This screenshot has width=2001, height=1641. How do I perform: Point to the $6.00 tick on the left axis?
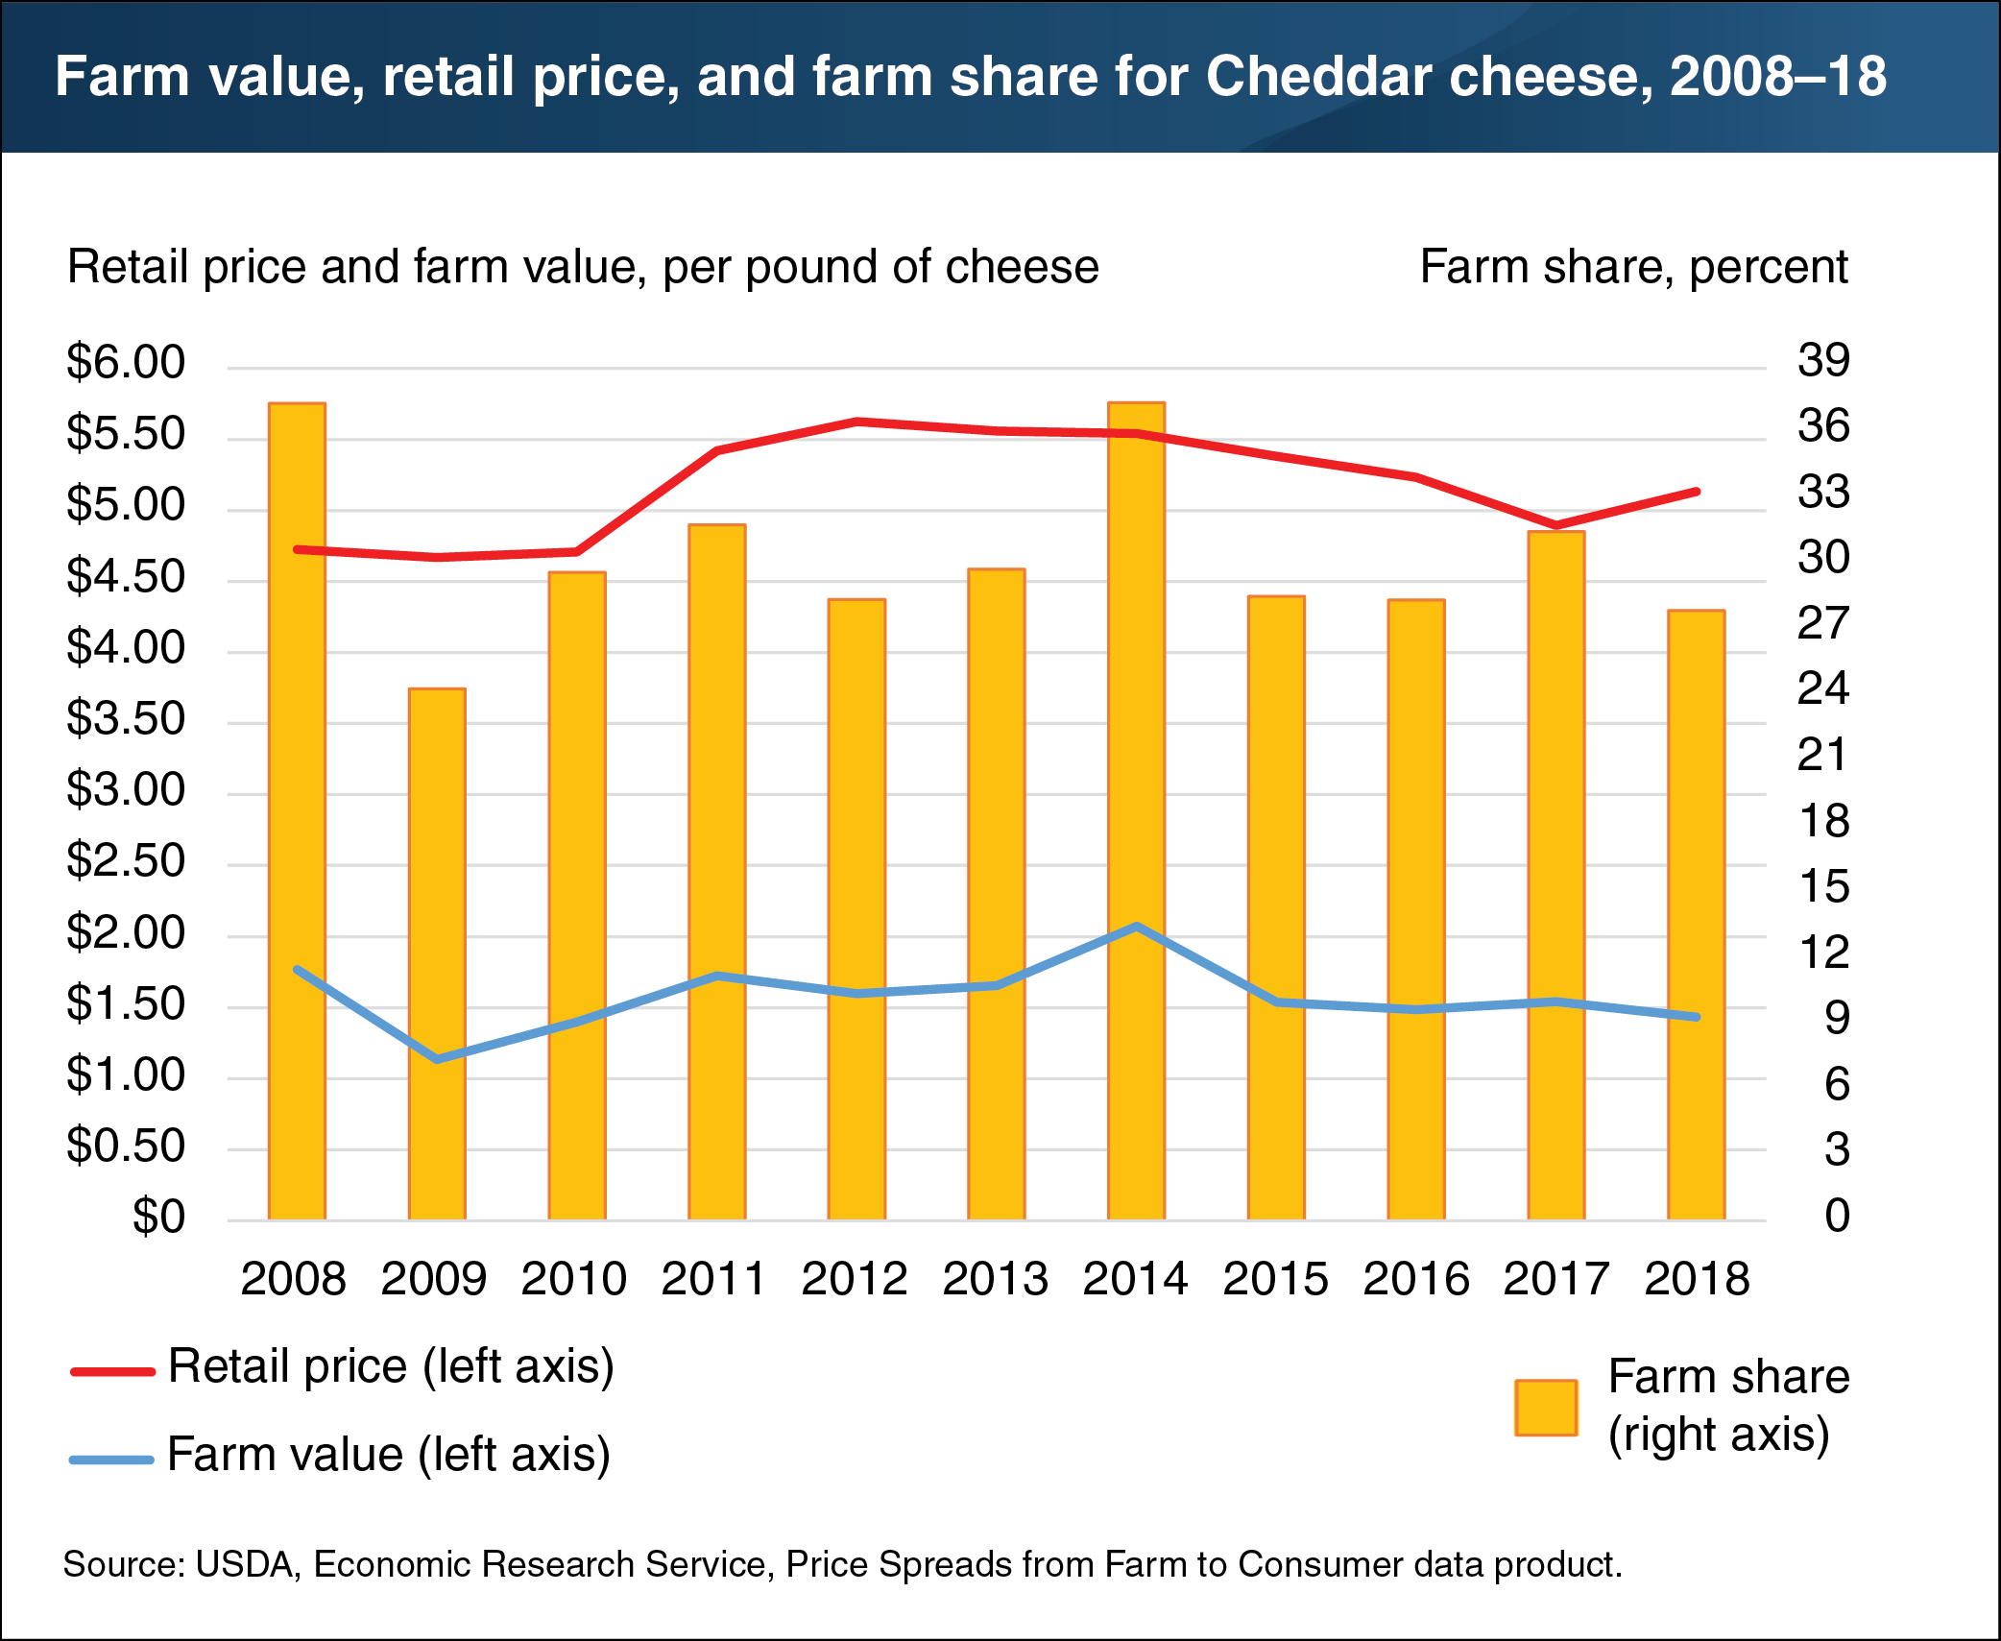[x=125, y=363]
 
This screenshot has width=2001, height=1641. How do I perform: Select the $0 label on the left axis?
[x=158, y=1217]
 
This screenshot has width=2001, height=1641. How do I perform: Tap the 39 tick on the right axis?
[x=1823, y=361]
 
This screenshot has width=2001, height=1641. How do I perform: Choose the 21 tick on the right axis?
[x=1823, y=756]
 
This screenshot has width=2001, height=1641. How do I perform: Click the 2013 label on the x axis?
[x=995, y=1279]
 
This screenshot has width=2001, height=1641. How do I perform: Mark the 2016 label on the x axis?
[x=1415, y=1279]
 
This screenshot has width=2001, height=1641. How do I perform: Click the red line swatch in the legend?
[x=112, y=1372]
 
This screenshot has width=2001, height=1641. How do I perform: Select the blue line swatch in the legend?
[x=112, y=1460]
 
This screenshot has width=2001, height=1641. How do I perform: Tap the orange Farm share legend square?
[x=1546, y=1408]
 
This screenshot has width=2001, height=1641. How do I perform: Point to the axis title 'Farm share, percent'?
[x=1633, y=267]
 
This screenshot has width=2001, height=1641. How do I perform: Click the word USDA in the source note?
[x=244, y=1564]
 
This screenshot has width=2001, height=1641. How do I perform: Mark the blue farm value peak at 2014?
[x=1137, y=927]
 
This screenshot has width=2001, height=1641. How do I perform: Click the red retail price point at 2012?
[x=856, y=422]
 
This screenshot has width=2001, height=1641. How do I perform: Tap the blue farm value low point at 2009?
[x=438, y=1059]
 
